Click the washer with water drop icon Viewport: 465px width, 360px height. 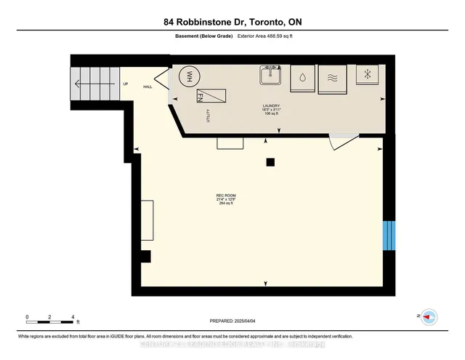[302, 79]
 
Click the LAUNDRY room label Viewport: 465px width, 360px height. [271, 107]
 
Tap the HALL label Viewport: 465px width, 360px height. [147, 87]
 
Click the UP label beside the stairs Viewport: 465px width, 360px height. [125, 83]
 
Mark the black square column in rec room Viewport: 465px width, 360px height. [270, 161]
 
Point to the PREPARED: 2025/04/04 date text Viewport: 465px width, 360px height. [232, 320]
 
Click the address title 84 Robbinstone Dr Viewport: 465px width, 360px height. [232, 23]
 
